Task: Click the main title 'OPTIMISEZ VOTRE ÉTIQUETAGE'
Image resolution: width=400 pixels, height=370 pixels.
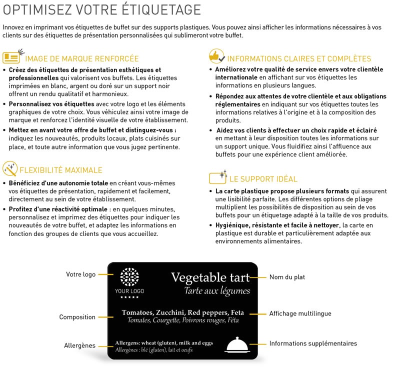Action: point(102,10)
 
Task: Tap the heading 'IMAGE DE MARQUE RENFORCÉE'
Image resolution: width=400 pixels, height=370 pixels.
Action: point(81,58)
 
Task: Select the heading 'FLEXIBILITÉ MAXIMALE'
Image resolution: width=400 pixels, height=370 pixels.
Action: point(60,170)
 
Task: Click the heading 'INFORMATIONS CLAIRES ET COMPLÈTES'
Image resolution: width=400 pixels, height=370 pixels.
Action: point(299,58)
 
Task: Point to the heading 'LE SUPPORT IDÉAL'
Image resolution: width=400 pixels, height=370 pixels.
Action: point(263,178)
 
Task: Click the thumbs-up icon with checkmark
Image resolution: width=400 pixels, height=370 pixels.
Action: point(216,55)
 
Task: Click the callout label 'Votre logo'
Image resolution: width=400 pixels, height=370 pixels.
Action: point(81,274)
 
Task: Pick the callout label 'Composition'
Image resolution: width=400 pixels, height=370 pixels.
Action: point(77,317)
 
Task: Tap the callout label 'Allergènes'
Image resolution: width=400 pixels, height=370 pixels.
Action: point(79,345)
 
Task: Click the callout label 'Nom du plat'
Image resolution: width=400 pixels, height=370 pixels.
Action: point(287,277)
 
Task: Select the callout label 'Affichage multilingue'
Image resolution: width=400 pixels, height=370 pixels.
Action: point(300,313)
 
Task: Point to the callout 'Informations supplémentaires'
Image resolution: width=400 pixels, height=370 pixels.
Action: point(313,343)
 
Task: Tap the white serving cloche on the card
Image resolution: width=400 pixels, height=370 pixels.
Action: point(238,345)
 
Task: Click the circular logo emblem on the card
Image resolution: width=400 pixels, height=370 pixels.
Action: point(129,276)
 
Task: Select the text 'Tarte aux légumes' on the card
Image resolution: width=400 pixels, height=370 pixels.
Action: point(217,291)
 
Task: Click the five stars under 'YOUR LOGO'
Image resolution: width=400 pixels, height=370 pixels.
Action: point(129,297)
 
